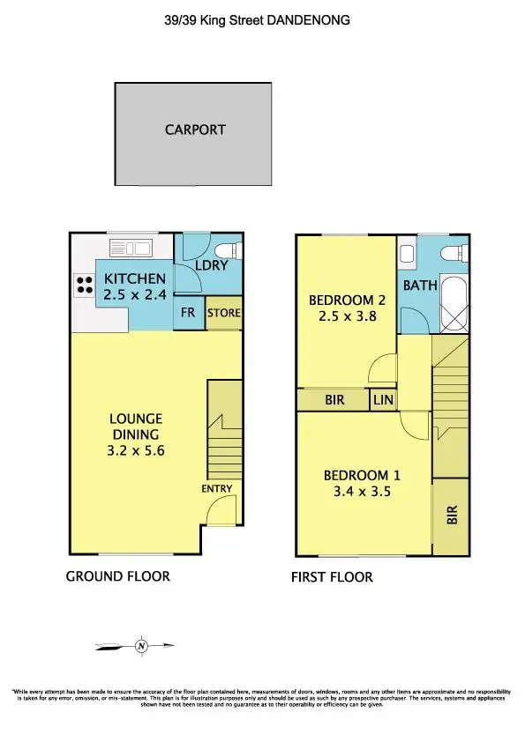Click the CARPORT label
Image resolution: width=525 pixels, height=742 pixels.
(195, 130)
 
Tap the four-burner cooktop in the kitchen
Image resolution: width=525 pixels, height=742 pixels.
(86, 286)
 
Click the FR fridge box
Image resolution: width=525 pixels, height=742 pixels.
(188, 313)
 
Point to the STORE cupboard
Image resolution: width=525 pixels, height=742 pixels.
(223, 313)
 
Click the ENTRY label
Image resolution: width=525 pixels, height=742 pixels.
(216, 487)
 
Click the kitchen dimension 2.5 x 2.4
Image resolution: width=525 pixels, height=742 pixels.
(135, 295)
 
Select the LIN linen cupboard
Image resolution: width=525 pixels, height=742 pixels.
(383, 400)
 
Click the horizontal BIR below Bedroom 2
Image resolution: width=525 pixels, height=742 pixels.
(334, 400)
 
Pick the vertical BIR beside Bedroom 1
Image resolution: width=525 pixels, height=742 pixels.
(452, 516)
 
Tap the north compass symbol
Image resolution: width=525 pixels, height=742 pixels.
(141, 647)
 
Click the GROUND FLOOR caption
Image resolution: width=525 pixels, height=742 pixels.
(118, 577)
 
